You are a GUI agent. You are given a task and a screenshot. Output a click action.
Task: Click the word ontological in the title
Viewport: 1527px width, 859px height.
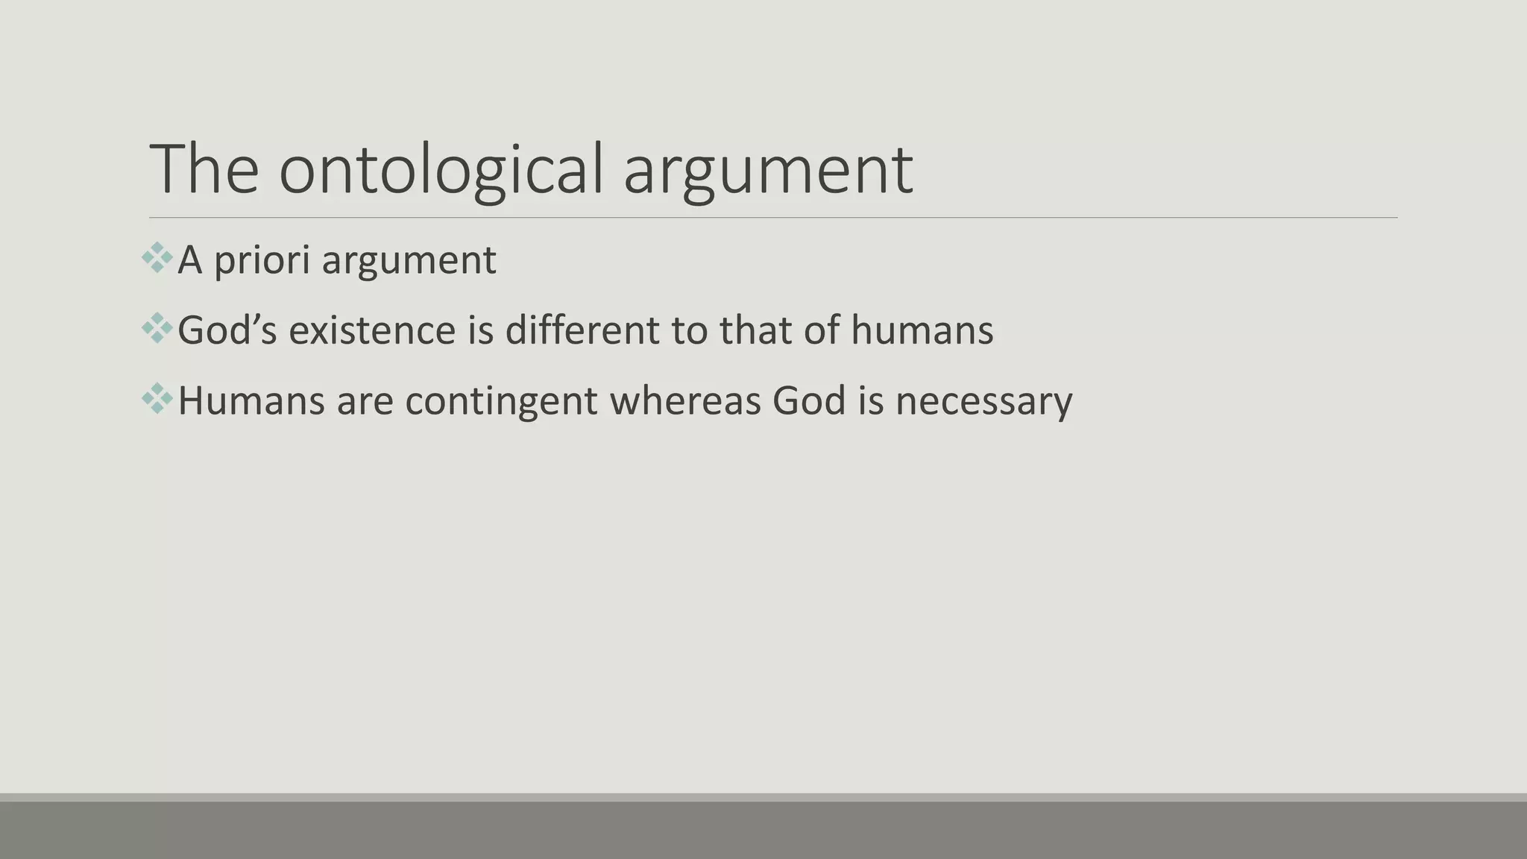(x=440, y=170)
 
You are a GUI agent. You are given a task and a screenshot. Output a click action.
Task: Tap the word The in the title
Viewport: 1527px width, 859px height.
(x=204, y=170)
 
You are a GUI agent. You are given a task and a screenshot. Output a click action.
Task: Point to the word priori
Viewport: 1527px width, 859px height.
(x=262, y=261)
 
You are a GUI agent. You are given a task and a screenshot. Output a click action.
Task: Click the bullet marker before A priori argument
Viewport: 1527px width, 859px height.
(x=157, y=258)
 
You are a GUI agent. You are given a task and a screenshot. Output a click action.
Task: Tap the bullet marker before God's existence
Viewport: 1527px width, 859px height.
(x=157, y=328)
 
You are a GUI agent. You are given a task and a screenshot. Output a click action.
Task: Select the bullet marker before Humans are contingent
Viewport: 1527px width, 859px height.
(x=157, y=398)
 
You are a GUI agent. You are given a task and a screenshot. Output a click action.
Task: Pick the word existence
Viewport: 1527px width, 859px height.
(x=372, y=330)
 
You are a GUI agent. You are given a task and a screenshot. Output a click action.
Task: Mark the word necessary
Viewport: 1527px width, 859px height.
(x=983, y=401)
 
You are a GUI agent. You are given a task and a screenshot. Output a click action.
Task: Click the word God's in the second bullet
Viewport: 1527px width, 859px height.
(x=227, y=330)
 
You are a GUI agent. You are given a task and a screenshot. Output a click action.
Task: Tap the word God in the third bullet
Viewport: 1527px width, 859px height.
(x=808, y=400)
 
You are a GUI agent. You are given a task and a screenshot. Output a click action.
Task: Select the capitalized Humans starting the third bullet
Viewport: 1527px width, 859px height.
(x=251, y=400)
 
